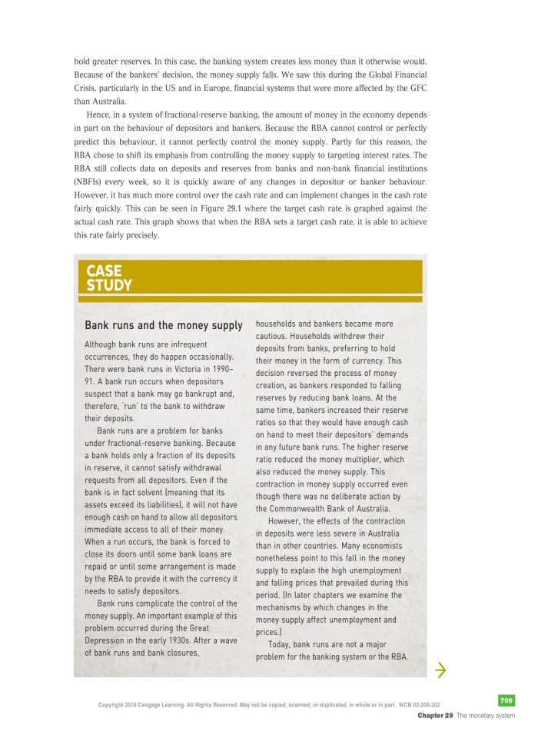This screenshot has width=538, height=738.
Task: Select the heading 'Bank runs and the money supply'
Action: (163, 326)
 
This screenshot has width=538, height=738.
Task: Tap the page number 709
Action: (506, 700)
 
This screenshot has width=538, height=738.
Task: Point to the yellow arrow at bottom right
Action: (440, 671)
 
